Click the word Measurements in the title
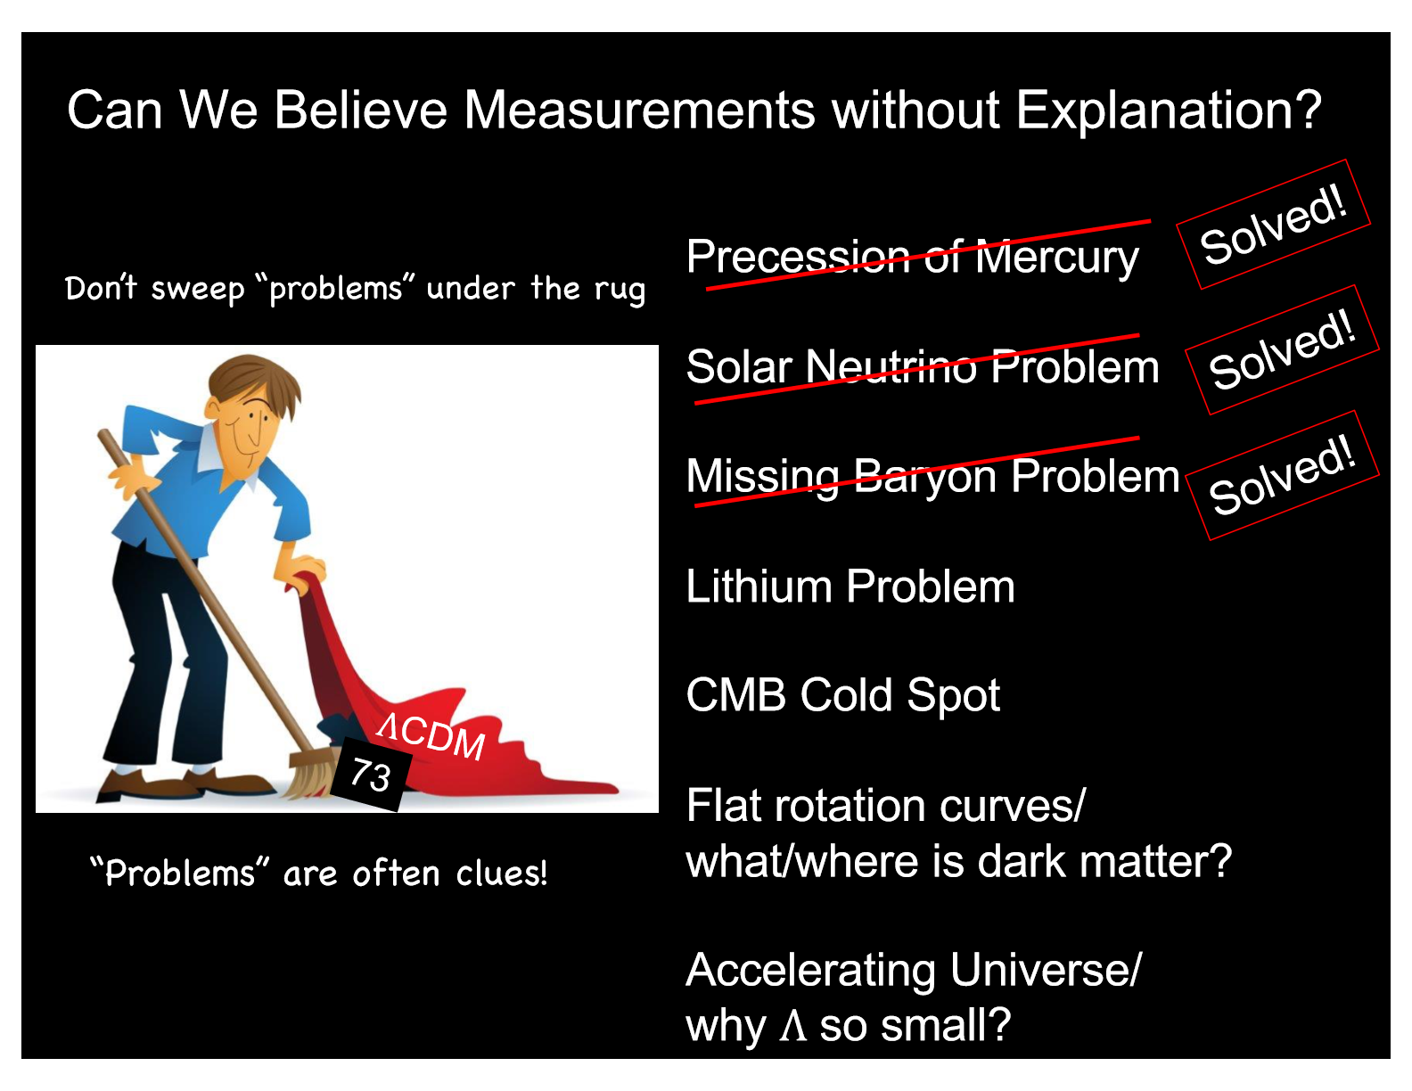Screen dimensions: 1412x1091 pos(639,110)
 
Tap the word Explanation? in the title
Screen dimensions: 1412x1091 pos(1169,111)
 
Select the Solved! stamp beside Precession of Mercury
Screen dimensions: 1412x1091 pos(1273,225)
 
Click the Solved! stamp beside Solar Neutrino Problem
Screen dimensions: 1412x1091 pos(1282,349)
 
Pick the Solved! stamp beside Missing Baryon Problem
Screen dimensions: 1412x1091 pos(1282,475)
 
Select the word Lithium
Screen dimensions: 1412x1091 pos(759,587)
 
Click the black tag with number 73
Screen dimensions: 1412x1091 pos(370,774)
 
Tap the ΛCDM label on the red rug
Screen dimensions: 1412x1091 pos(431,735)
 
